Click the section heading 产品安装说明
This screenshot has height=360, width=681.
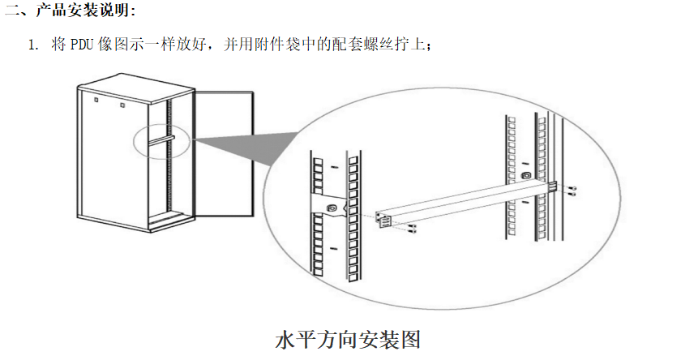[x=83, y=10]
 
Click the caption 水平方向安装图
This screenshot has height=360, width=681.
[x=348, y=339]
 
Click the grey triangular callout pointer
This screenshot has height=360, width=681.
[x=243, y=148]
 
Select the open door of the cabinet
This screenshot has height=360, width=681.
[x=224, y=153]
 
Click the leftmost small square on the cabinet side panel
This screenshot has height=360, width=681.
[x=96, y=100]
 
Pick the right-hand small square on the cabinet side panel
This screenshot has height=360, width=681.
[x=122, y=105]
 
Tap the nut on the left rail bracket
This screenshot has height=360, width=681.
[x=332, y=208]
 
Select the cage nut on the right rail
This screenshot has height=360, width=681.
[x=525, y=176]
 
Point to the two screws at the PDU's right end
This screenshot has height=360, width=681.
[x=572, y=191]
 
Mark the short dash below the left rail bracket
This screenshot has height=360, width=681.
[x=333, y=248]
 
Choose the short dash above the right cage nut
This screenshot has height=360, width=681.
[x=525, y=164]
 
